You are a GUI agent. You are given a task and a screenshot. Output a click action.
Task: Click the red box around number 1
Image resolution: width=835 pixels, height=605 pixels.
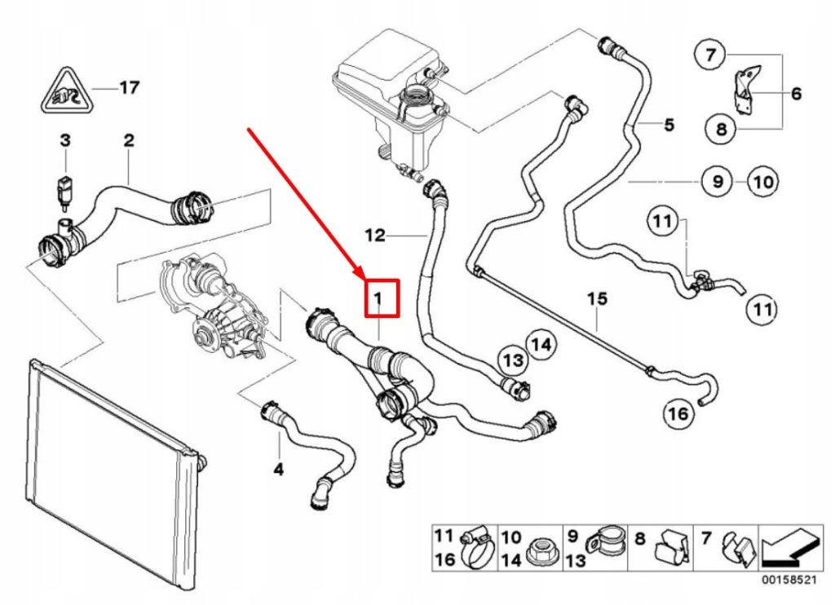click(x=379, y=298)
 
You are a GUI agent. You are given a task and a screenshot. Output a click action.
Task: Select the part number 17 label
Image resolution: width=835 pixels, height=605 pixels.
click(x=130, y=86)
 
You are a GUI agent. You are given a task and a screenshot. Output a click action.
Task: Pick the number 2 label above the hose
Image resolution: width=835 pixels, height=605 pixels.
click(x=128, y=140)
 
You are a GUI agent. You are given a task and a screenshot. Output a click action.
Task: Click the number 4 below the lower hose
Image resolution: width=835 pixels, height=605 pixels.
click(x=278, y=470)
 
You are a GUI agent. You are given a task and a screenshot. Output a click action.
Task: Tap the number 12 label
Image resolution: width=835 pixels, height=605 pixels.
click(x=374, y=236)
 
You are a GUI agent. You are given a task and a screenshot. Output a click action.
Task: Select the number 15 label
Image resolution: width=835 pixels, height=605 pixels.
click(x=598, y=299)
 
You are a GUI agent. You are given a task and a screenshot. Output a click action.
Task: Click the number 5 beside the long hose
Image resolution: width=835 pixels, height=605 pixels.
click(x=668, y=125)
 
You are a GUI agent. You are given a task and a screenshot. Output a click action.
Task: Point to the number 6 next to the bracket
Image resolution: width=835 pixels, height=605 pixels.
click(x=796, y=94)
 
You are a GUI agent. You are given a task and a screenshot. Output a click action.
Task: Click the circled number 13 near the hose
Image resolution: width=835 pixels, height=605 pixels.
click(x=511, y=359)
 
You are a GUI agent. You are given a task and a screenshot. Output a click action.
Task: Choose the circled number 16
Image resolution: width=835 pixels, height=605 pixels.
click(x=678, y=414)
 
